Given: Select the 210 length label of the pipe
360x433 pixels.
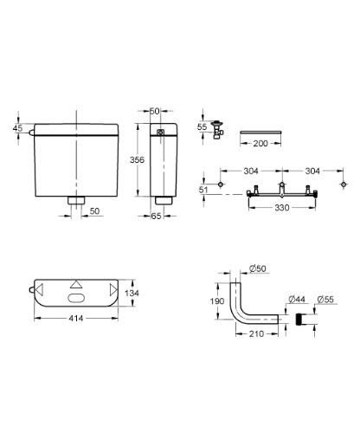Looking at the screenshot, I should pos(255,334).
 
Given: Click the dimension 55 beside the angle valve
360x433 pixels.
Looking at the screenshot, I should pos(202,126).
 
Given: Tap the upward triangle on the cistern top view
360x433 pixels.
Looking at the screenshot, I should pos(76,283).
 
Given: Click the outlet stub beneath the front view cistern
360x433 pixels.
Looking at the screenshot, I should pos(75,202).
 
